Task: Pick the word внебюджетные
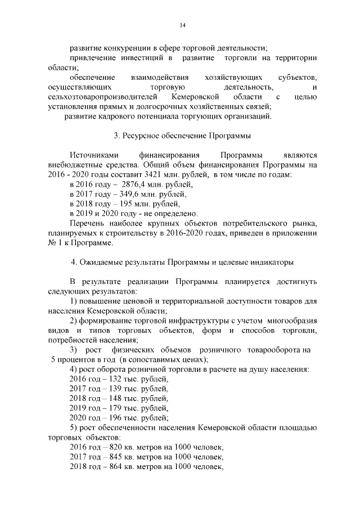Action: pos(74,165)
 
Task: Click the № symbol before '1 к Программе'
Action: pos(55,243)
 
